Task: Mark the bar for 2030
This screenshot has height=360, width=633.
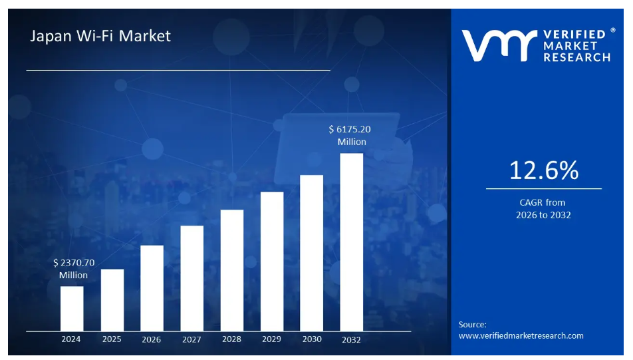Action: pyautogui.click(x=312, y=252)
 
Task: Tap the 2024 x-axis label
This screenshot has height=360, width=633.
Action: pyautogui.click(x=71, y=339)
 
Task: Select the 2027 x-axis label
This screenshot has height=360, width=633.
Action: pyautogui.click(x=191, y=339)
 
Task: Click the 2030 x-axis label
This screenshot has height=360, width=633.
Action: pyautogui.click(x=312, y=339)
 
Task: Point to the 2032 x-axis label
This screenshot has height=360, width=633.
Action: pyautogui.click(x=352, y=340)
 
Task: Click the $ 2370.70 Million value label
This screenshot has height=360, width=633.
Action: pyautogui.click(x=73, y=269)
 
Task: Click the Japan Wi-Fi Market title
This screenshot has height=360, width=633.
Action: pyautogui.click(x=100, y=36)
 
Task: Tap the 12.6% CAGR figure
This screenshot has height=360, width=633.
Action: pyautogui.click(x=543, y=171)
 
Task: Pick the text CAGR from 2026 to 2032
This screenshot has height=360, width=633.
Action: pyautogui.click(x=543, y=208)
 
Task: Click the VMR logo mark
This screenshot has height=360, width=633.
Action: pyautogui.click(x=499, y=45)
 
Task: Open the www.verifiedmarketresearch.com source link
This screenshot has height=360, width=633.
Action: pyautogui.click(x=521, y=335)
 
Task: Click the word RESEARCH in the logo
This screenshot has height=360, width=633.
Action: pyautogui.click(x=576, y=58)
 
